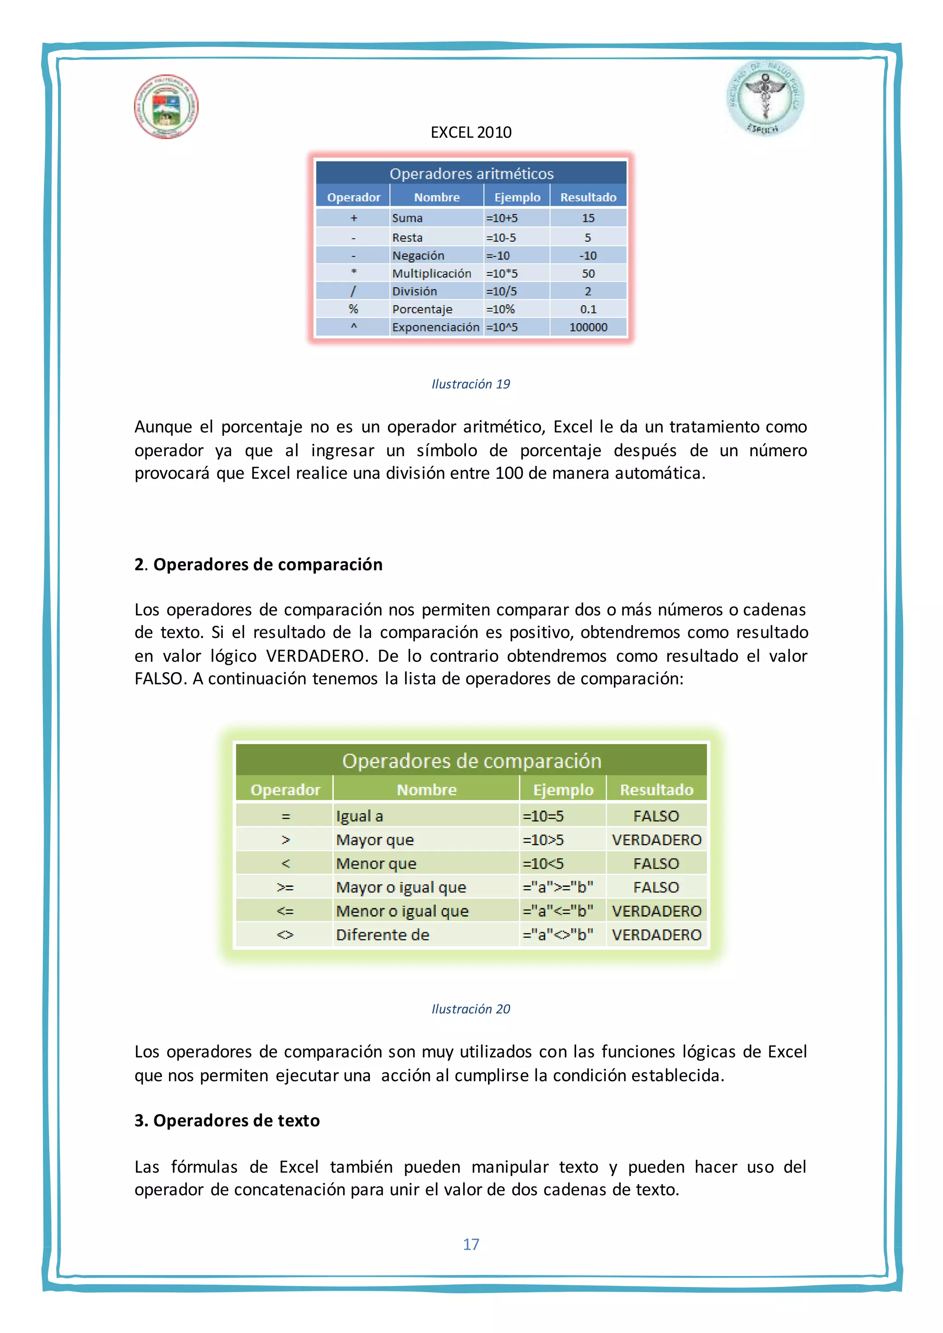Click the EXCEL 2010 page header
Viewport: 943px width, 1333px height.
click(x=471, y=133)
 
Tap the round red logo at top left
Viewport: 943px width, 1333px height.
click(x=166, y=106)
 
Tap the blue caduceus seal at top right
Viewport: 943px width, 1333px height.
click(x=765, y=99)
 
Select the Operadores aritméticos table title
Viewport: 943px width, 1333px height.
click(x=471, y=174)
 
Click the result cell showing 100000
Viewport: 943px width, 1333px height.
click(x=588, y=327)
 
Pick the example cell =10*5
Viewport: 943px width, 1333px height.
click(x=502, y=273)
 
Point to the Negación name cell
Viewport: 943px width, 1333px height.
click(x=418, y=255)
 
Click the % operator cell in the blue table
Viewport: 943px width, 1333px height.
click(x=353, y=309)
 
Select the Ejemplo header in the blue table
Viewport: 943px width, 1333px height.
click(x=517, y=197)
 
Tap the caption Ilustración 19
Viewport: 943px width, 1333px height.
click(x=471, y=384)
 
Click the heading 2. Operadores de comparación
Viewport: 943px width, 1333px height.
click(x=258, y=564)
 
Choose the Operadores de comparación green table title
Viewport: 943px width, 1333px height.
click(x=471, y=760)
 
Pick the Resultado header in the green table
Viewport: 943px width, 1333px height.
click(x=656, y=789)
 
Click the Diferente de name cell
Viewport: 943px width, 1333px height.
click(x=383, y=935)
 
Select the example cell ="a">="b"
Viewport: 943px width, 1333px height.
click(x=558, y=887)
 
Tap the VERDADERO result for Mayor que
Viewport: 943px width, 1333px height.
click(x=656, y=840)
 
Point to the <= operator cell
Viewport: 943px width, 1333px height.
click(x=285, y=911)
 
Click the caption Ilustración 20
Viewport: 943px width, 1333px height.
click(x=471, y=1009)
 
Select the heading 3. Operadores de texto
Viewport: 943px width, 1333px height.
click(x=227, y=1120)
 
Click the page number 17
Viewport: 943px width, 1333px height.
click(x=471, y=1244)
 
